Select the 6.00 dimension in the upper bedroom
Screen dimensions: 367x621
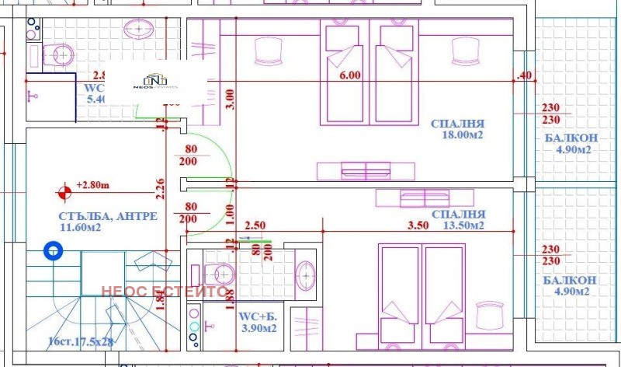[350, 75]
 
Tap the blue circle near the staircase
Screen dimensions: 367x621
[54, 250]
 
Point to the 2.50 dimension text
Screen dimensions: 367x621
[256, 225]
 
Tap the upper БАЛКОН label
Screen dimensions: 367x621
[570, 138]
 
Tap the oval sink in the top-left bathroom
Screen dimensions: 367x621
[138, 29]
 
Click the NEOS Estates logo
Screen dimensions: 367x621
[155, 82]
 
